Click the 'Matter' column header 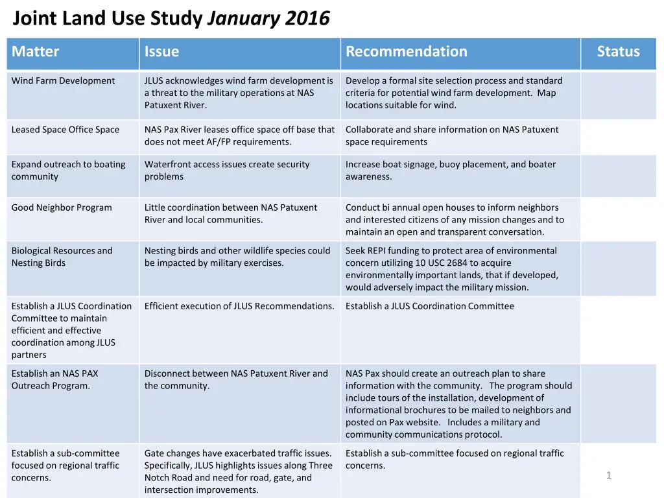36,52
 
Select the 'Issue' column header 161,52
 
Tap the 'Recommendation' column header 407,52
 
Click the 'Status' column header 618,52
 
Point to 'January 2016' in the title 268,19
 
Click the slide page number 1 608,476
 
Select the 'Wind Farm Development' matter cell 63,81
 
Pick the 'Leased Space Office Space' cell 65,130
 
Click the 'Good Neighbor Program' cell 62,208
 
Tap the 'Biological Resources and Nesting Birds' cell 62,257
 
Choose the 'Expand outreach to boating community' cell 68,171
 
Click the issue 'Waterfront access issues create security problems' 227,171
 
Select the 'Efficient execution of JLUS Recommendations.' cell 239,306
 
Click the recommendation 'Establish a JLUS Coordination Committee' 429,306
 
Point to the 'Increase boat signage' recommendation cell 450,171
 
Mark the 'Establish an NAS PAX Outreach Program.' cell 54,379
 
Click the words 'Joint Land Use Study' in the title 108,19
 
